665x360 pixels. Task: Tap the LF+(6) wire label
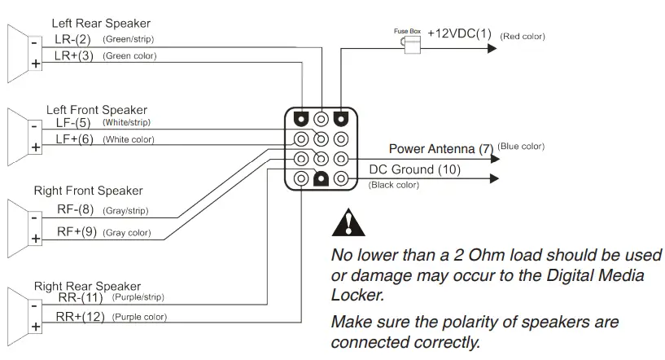[x=74, y=139]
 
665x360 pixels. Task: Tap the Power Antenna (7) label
[x=440, y=149]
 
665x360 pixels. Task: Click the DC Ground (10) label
[x=414, y=169]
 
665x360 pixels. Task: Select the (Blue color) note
[x=521, y=147]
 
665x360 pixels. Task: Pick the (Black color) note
[x=394, y=186]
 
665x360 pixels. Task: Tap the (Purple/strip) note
[x=139, y=299]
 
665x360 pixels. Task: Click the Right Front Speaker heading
[x=88, y=191]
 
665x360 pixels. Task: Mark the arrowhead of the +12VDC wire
[x=492, y=49]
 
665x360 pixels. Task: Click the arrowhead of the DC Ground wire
[x=492, y=178]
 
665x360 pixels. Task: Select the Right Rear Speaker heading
[x=87, y=287]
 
